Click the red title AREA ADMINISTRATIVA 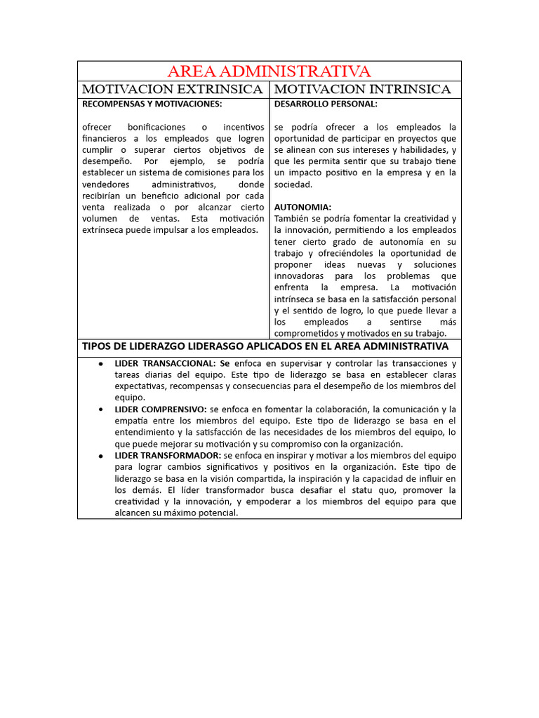click(x=269, y=72)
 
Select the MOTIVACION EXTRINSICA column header click(x=173, y=90)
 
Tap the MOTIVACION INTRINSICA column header click(x=361, y=90)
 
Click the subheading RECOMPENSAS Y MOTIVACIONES click(x=152, y=104)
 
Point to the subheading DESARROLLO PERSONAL click(x=325, y=104)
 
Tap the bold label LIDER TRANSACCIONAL click(x=165, y=363)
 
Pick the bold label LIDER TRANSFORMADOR click(x=168, y=456)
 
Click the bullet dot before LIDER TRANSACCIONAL click(x=102, y=364)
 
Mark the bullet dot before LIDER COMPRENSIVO click(x=102, y=409)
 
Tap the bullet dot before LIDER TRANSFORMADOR click(x=102, y=456)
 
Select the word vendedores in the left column click(x=105, y=184)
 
